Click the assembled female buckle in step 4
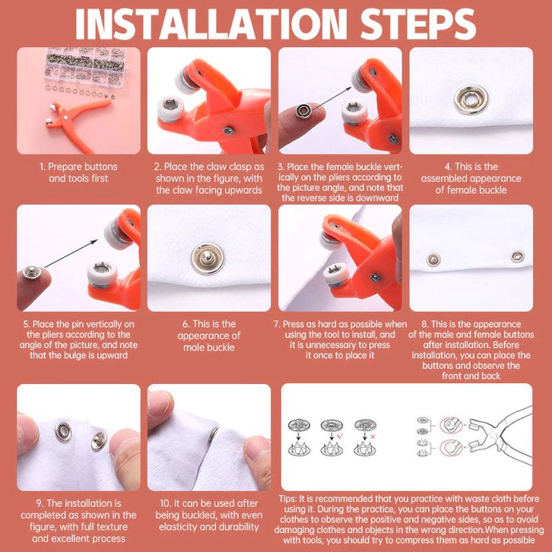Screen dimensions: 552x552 click(x=471, y=100)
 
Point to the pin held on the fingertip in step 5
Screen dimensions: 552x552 click(x=31, y=272)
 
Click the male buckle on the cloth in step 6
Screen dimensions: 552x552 click(x=208, y=259)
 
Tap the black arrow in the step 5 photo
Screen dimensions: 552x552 click(x=71, y=253)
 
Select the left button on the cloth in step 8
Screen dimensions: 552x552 click(x=433, y=260)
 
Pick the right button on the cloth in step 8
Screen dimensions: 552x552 click(x=518, y=256)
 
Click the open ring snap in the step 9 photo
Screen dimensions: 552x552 click(x=63, y=432)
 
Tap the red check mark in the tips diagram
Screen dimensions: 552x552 click(x=340, y=436)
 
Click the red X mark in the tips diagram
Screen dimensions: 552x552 click(x=373, y=436)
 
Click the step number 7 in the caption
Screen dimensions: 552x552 click(x=277, y=324)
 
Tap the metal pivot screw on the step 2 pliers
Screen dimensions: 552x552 click(x=228, y=131)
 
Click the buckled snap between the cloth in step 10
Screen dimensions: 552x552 click(x=214, y=435)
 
